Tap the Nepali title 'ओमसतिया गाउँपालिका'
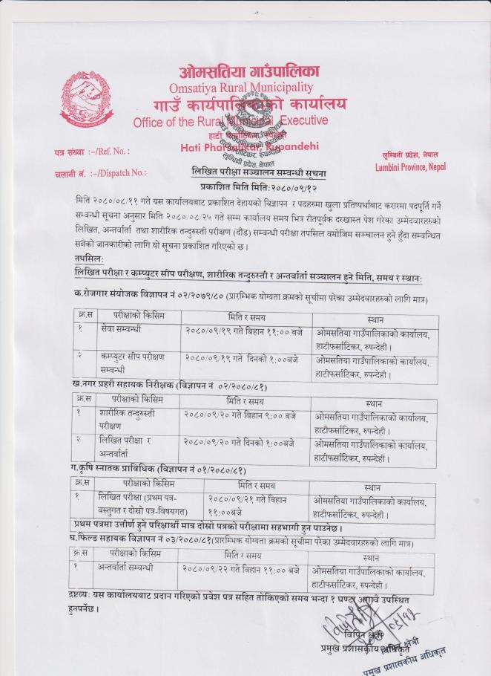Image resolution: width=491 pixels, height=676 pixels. pos(248,72)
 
